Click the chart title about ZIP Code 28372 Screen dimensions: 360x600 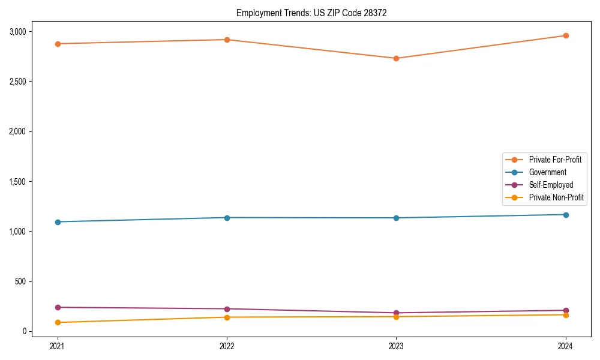(316, 13)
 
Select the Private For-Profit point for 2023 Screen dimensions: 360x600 (396, 58)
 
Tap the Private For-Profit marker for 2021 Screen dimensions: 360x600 (58, 44)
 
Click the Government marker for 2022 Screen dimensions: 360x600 (227, 218)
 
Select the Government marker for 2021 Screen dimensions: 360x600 (58, 222)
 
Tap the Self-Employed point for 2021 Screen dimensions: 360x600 (58, 307)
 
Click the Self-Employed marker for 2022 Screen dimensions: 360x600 (227, 309)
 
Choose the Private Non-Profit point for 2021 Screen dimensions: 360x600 (58, 322)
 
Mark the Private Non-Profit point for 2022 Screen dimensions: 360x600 (227, 317)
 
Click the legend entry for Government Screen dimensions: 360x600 (547, 172)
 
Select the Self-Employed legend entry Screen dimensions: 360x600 (551, 185)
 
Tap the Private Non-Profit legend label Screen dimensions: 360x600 (556, 197)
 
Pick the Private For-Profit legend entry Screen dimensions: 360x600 (555, 160)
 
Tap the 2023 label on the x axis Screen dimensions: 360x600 (396, 346)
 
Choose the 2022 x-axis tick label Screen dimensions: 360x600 (227, 346)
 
